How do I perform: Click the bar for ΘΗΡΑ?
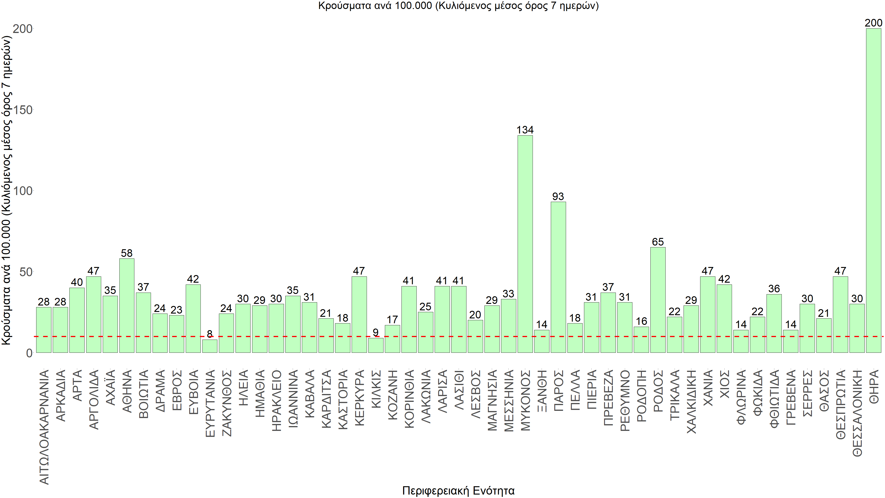(873, 191)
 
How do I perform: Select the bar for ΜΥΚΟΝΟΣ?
(525, 244)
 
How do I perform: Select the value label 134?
(525, 130)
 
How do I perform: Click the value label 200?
(873, 23)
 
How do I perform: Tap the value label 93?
(558, 197)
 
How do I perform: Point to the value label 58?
(127, 253)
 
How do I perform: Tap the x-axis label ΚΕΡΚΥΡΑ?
(359, 398)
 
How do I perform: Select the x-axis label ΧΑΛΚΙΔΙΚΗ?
(691, 401)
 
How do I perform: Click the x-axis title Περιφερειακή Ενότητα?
(458, 490)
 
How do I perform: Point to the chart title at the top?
(458, 6)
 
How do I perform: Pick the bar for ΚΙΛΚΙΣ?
(375, 345)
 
